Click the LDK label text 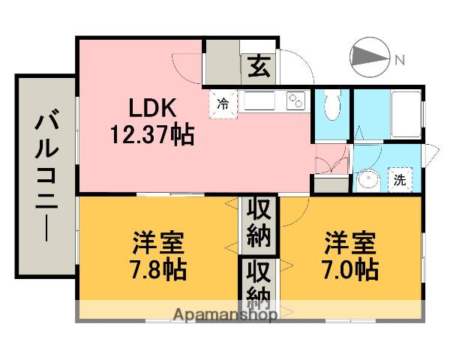[152, 108]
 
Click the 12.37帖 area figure [152, 134]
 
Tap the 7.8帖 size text [157, 270]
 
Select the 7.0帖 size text [350, 270]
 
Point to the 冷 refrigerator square [223, 104]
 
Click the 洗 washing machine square [400, 180]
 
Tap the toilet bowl [332, 106]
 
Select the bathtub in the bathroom [406, 114]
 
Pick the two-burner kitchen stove [295, 100]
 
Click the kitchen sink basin [259, 100]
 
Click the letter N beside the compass [400, 60]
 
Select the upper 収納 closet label [259, 223]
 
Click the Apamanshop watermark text [225, 315]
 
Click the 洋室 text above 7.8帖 [157, 243]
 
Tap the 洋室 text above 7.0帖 [350, 243]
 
